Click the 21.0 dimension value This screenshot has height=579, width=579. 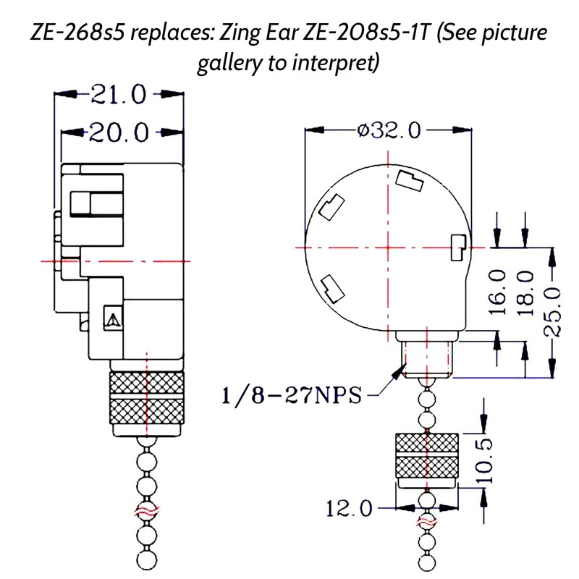(117, 94)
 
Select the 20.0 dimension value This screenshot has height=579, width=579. (119, 132)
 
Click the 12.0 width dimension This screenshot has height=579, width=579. (349, 509)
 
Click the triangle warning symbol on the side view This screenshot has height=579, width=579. (111, 318)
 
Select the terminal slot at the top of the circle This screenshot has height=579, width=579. (410, 179)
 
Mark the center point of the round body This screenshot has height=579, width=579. (389, 248)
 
